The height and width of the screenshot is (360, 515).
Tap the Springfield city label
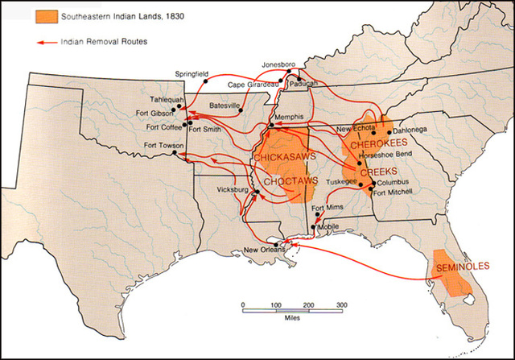pos(192,74)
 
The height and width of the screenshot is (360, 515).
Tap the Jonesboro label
pos(278,64)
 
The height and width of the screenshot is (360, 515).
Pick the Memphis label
pos(290,117)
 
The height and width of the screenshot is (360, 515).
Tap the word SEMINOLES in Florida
pos(457,267)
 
